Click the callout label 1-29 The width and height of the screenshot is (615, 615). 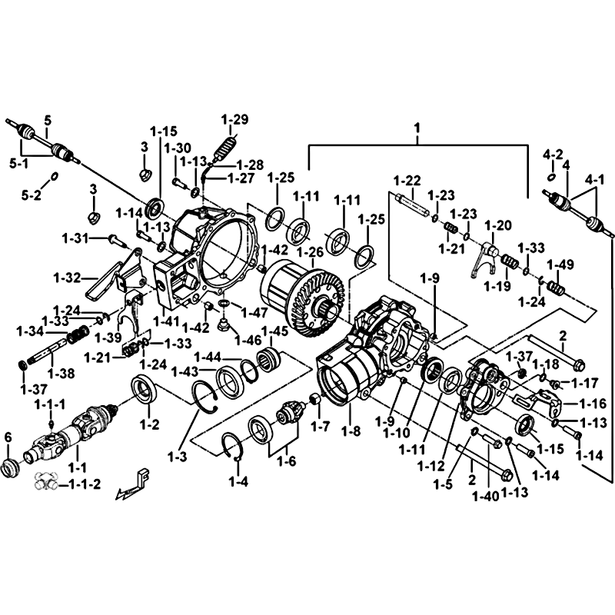point(235,119)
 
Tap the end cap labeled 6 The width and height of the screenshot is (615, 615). point(12,467)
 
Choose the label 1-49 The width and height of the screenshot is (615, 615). point(560,265)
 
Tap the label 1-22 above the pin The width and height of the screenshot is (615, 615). point(407,181)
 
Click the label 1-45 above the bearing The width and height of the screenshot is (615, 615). point(275,331)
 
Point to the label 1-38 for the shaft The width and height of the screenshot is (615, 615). point(61,373)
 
